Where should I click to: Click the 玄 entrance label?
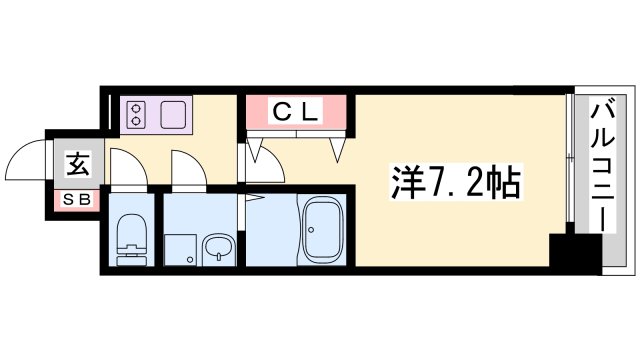[77, 162]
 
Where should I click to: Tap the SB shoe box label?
[77, 198]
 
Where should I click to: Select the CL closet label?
[296, 112]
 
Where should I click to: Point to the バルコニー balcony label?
[605, 165]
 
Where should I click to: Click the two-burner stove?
[136, 114]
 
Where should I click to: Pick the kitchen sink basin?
[167, 114]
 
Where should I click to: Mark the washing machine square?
[180, 249]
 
